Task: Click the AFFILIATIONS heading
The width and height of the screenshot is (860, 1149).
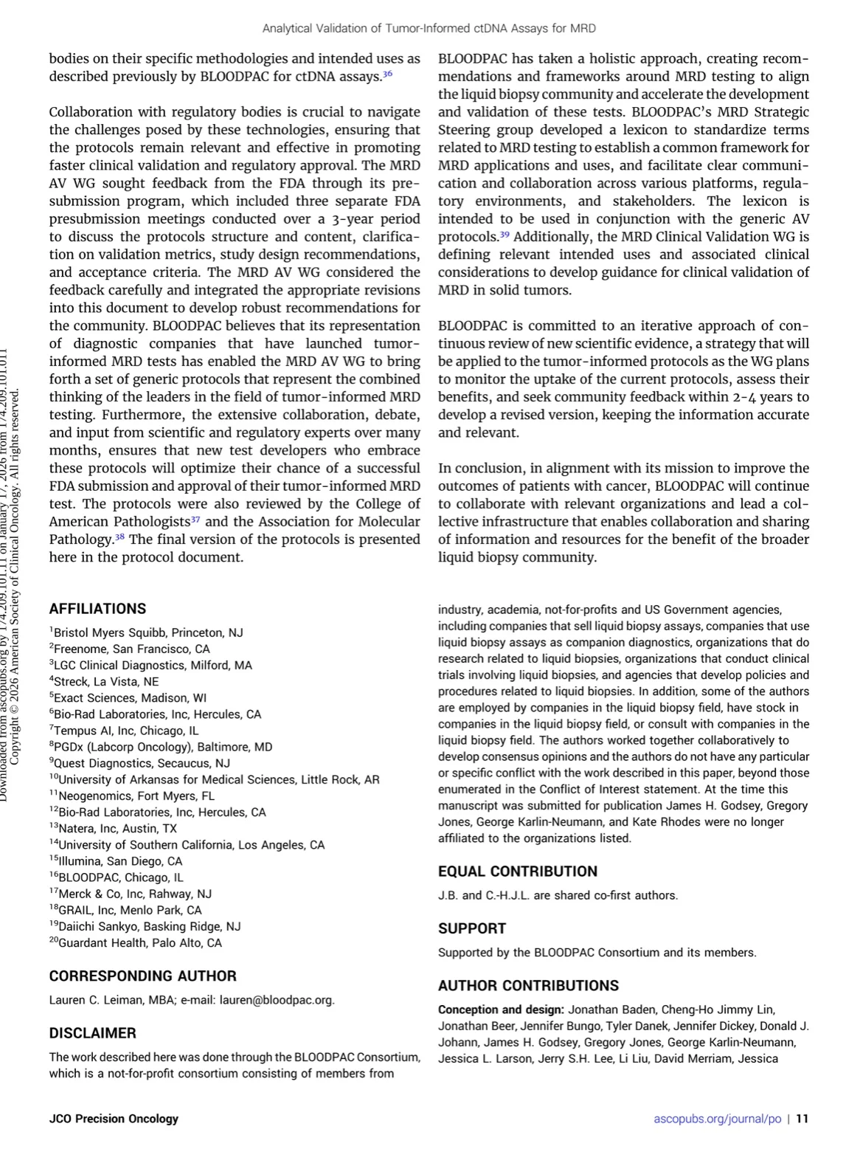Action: pos(97,609)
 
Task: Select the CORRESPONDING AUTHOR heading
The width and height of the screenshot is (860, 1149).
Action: pos(142,976)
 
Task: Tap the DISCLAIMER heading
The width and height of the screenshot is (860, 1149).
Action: pos(92,1033)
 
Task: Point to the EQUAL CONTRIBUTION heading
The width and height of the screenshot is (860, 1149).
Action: pos(518,872)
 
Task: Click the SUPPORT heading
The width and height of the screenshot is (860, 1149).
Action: pos(472,928)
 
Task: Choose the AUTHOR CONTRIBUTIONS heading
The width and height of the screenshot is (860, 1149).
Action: pos(528,986)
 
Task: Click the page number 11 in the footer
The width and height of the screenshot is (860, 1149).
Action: pos(802,1119)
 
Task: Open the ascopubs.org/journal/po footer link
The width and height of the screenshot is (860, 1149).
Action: pos(717,1119)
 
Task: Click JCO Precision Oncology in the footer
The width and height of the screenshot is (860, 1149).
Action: pos(114,1119)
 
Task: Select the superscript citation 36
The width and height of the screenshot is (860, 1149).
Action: pos(387,75)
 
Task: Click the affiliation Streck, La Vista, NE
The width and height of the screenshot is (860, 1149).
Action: pos(106,682)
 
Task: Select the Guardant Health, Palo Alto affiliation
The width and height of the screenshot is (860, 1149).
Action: pos(139,943)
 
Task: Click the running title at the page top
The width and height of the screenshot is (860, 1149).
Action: pos(429,29)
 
